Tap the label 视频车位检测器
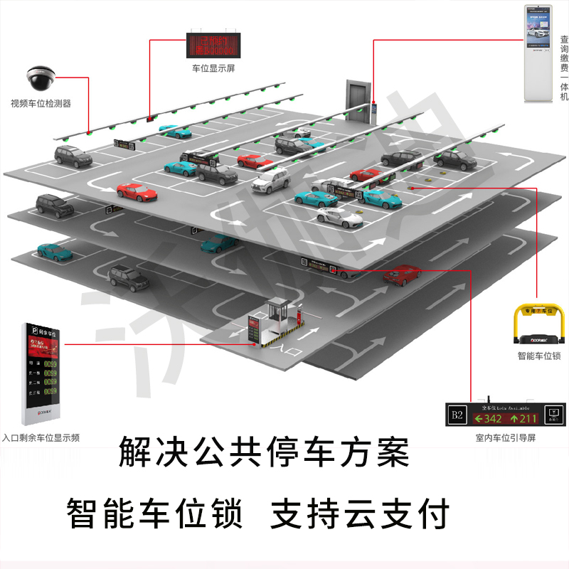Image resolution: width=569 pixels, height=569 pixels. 41,104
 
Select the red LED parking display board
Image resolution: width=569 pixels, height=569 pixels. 213,44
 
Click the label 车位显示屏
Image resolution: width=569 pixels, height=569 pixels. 213,69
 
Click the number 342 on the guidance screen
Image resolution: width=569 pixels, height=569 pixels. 489,418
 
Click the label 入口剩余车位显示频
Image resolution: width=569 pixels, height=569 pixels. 41,438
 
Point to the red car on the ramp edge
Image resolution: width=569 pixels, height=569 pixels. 402,275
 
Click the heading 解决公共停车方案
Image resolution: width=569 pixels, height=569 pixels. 265,452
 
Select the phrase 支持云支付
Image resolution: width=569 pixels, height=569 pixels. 360,513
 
